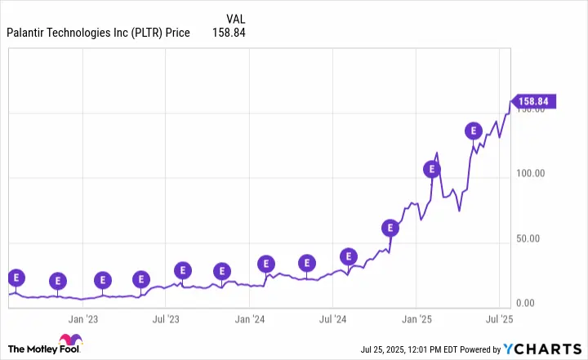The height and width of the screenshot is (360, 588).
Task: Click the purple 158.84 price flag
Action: (x=535, y=102)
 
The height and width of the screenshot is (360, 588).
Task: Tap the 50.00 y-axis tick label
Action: (x=540, y=239)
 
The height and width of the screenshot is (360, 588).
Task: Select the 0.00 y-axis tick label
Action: (x=542, y=304)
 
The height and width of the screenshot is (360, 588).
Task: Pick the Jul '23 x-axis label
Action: (x=167, y=320)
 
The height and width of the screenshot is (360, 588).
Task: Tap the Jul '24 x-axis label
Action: (x=334, y=320)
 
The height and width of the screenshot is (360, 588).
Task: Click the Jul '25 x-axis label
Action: (x=501, y=320)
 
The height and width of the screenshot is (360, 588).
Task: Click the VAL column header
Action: (x=234, y=18)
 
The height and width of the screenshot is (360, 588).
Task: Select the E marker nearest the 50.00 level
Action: (x=390, y=228)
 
